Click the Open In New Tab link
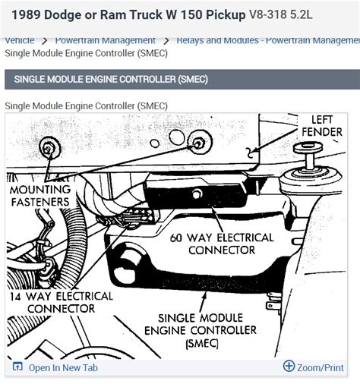pos(64,367)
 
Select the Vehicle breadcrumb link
pos(20,40)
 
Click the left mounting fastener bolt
pos(52,148)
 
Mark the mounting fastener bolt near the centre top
pos(199,143)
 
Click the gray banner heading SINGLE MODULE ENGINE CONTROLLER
pos(111,79)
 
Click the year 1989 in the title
pos(25,14)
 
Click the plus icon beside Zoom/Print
pos(289,367)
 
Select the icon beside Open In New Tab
pos(17,367)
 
